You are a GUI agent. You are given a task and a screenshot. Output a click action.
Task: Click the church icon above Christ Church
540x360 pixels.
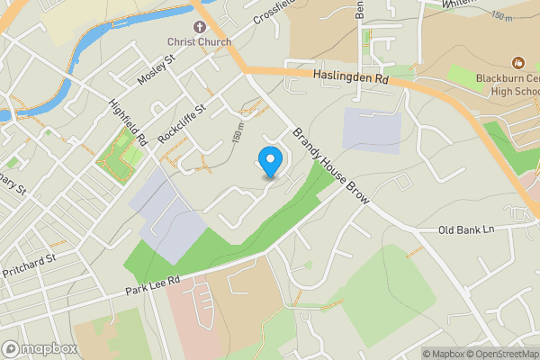pyautogui.click(x=200, y=27)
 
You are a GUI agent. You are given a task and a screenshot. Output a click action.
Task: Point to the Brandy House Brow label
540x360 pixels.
pyautogui.click(x=328, y=168)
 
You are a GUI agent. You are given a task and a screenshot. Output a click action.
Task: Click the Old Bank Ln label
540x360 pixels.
pyautogui.click(x=466, y=229)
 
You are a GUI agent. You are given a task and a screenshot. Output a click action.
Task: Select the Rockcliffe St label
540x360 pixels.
pyautogui.click(x=182, y=123)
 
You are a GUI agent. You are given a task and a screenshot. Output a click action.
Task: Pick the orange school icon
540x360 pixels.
pyautogui.click(x=517, y=63)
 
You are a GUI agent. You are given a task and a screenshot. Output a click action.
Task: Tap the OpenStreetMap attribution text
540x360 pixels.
pyautogui.click(x=495, y=354)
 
